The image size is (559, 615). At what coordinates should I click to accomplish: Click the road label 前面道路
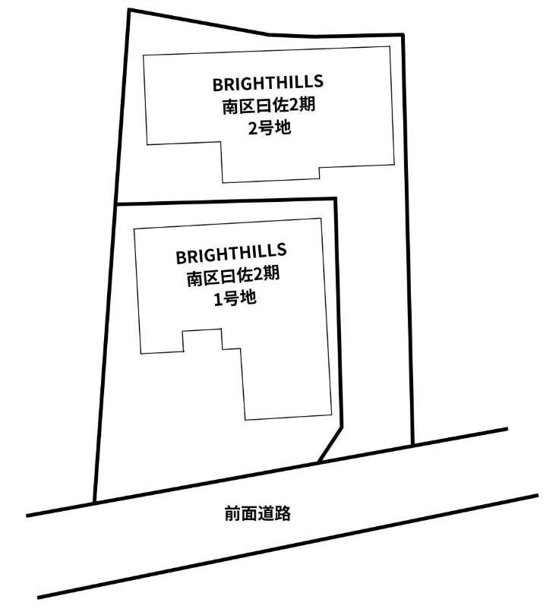click(257, 513)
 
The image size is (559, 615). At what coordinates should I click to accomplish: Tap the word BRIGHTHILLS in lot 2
click(268, 83)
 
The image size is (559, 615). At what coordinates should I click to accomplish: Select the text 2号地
click(270, 128)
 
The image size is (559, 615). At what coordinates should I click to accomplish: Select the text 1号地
click(235, 299)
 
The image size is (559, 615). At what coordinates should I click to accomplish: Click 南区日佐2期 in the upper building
click(269, 106)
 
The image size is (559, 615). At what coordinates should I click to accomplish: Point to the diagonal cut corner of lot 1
click(330, 443)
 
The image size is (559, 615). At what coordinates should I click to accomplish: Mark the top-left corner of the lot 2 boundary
click(129, 10)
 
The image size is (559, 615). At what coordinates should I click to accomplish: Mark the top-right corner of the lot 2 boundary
click(403, 35)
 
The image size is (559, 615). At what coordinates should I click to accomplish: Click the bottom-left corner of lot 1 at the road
click(94, 502)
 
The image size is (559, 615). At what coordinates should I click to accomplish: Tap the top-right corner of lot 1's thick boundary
click(336, 198)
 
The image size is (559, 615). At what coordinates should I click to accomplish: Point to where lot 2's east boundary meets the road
click(412, 445)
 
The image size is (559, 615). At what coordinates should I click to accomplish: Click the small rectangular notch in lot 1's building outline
click(202, 340)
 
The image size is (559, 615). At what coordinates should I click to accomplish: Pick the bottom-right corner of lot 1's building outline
click(331, 415)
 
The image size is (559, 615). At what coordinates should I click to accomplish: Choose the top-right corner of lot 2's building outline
click(390, 46)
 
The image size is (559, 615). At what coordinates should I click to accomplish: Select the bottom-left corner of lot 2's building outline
click(147, 144)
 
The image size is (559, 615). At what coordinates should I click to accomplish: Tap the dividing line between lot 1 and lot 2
click(227, 200)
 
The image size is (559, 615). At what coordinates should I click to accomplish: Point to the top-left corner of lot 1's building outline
click(134, 229)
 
